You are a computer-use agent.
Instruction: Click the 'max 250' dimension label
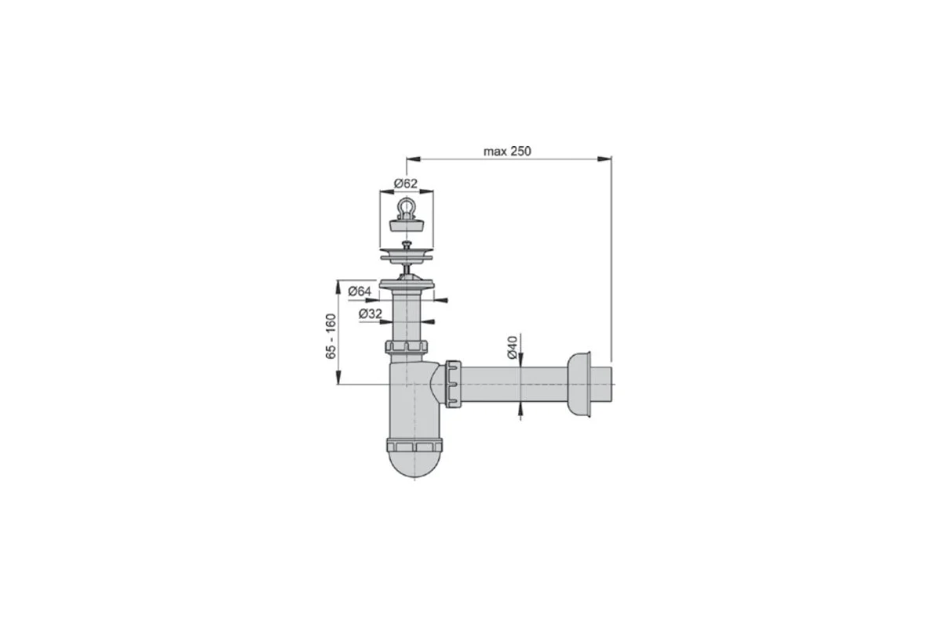tap(507, 151)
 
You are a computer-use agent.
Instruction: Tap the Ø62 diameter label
tap(405, 184)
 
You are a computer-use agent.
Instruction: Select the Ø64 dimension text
tap(360, 290)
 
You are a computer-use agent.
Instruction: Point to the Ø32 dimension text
tap(370, 313)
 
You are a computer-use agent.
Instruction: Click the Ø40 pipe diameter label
tap(512, 348)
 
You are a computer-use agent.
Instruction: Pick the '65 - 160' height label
tap(331, 336)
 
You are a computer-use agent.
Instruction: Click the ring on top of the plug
tap(406, 207)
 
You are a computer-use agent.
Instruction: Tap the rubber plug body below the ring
tap(407, 225)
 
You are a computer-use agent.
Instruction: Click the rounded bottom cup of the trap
tap(414, 464)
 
